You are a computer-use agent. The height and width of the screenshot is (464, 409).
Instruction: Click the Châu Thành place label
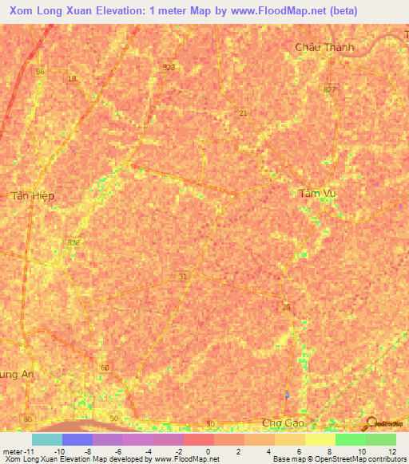[324, 47]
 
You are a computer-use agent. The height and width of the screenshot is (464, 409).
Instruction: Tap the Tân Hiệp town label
[33, 195]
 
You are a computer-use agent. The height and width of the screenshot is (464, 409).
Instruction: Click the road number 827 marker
[330, 89]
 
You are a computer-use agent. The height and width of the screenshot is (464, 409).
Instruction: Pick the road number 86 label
[41, 71]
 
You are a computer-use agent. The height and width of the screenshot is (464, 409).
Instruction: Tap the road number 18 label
[72, 78]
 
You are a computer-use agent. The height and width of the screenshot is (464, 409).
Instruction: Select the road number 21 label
[242, 114]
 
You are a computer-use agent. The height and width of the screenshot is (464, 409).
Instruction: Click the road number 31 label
[183, 276]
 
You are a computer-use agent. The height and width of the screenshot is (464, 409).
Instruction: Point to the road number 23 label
[286, 306]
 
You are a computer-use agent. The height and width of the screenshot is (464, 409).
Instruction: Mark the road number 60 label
[105, 368]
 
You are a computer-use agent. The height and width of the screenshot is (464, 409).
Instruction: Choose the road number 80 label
[28, 419]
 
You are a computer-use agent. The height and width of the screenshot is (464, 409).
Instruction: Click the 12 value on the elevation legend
[391, 451]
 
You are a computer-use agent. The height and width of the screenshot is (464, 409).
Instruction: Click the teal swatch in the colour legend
[47, 438]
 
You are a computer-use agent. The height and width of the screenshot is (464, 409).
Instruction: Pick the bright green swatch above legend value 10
[351, 438]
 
